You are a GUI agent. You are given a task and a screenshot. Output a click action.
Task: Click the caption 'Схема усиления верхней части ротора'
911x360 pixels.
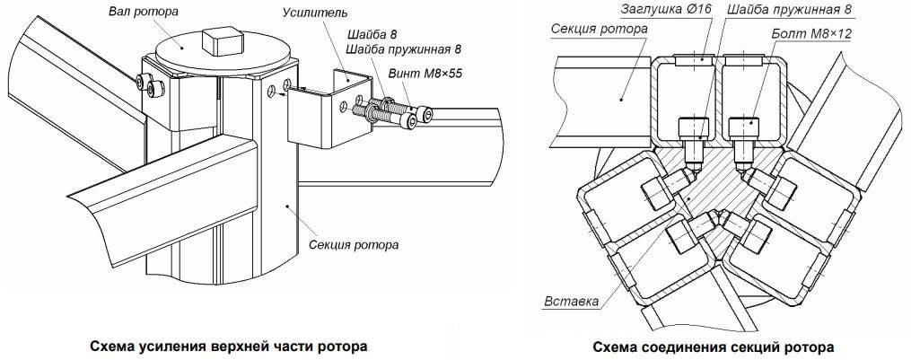228,345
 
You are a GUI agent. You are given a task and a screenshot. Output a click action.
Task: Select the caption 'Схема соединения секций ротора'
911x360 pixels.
714,346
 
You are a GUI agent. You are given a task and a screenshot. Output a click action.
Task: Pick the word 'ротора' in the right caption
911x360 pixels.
810,346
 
